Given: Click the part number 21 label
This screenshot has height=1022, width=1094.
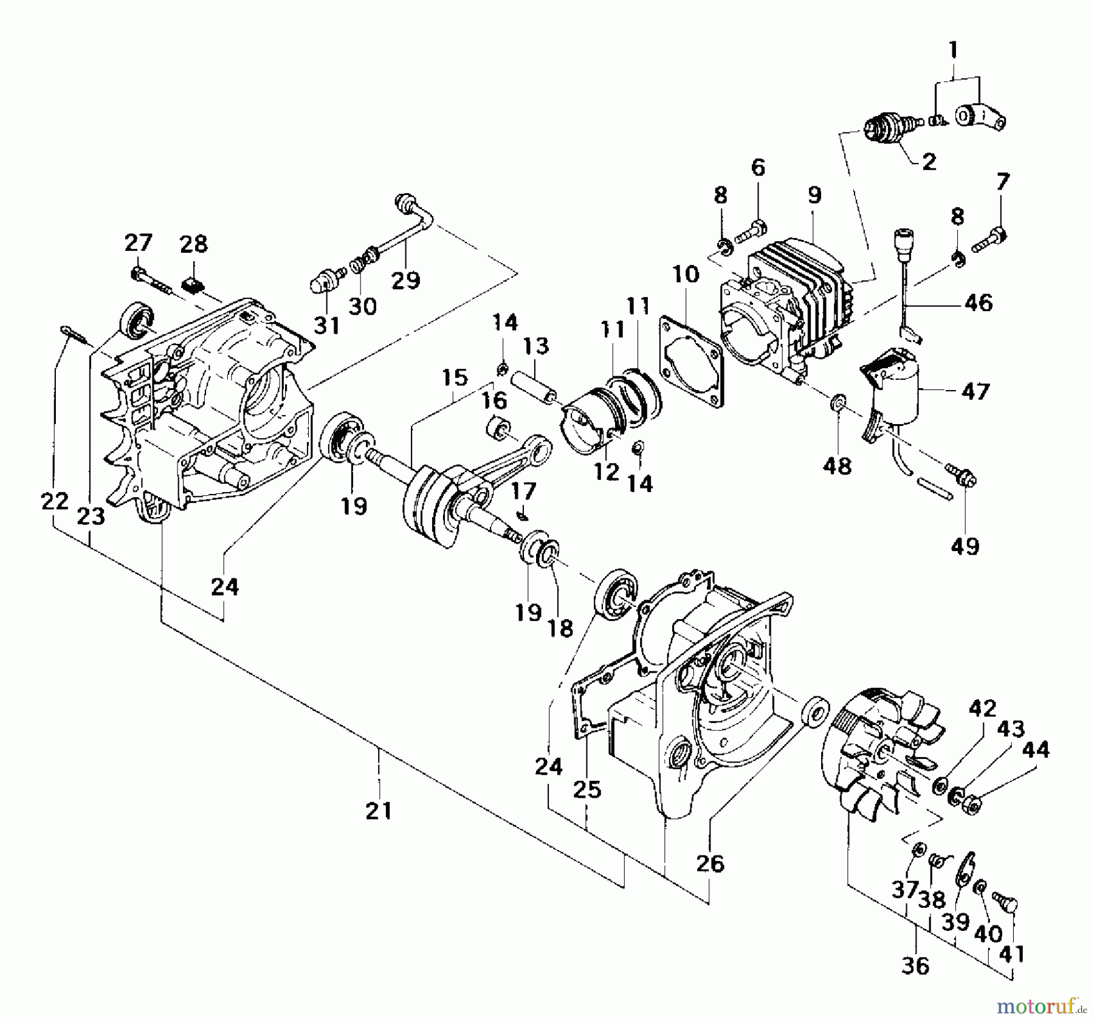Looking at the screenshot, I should pos(379,811).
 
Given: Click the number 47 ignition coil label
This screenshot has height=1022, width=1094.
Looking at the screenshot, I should pos(975,391).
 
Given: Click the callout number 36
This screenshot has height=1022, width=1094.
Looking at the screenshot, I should pos(915,965).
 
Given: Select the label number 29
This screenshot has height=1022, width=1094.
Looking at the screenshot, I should pos(405,280).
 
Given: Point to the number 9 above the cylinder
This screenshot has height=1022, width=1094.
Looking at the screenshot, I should pos(814,195).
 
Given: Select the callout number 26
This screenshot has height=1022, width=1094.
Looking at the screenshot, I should pos(710,863).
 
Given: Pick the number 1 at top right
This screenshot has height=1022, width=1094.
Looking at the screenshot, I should pos(953,49).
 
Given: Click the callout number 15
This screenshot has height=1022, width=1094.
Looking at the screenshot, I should pos(454,378).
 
